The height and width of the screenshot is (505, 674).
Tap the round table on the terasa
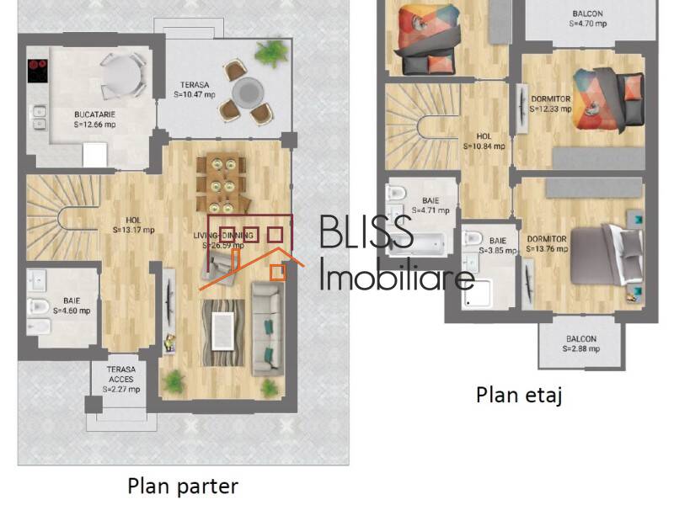click(x=249, y=90)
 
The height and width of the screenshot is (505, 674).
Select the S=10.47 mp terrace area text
click(x=195, y=95)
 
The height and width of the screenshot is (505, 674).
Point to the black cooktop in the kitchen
click(x=36, y=71)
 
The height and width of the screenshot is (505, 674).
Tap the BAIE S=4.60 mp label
click(x=72, y=305)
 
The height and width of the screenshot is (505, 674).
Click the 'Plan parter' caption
click(x=183, y=486)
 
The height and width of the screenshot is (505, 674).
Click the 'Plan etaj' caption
click(x=519, y=394)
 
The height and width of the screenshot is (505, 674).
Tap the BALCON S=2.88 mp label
click(x=580, y=343)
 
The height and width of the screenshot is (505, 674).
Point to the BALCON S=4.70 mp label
click(x=588, y=19)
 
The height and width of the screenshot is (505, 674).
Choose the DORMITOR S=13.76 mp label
click(x=546, y=243)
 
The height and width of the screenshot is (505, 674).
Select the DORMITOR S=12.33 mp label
click(x=550, y=104)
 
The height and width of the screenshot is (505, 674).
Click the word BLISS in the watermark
click(x=365, y=232)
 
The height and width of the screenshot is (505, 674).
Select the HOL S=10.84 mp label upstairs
click(x=484, y=141)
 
